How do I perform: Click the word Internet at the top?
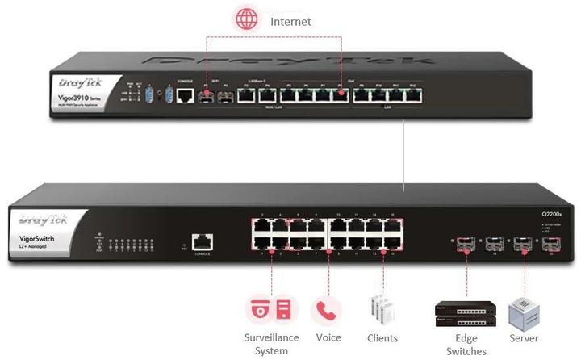tap(290, 21)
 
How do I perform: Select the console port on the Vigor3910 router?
tap(185, 96)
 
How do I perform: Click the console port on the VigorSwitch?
tap(202, 241)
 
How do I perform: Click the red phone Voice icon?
tap(326, 310)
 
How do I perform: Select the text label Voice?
tap(328, 338)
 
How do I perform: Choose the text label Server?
tap(523, 338)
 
